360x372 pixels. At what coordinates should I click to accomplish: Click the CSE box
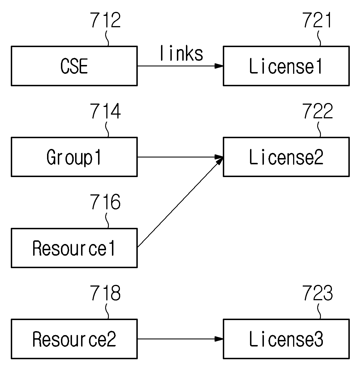(74, 66)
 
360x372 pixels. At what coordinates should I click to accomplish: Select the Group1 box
(74, 157)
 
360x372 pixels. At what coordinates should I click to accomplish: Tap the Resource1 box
(74, 248)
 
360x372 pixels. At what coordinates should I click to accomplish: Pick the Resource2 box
(74, 339)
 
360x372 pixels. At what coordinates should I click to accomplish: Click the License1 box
(286, 66)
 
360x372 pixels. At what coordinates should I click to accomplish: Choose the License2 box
(286, 157)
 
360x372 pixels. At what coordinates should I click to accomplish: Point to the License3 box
(286, 339)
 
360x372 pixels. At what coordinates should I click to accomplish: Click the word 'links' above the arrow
(181, 53)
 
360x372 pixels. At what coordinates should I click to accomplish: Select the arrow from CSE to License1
(180, 66)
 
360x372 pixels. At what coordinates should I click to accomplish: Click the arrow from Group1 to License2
(180, 157)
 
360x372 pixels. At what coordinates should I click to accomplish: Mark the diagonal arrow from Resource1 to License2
(180, 202)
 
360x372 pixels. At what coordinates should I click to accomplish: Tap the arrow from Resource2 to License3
(180, 339)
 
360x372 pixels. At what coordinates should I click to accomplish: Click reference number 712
(105, 20)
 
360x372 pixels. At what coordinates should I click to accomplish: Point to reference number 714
(105, 111)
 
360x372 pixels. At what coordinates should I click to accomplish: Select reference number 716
(105, 201)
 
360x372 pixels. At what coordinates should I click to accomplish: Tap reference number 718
(105, 293)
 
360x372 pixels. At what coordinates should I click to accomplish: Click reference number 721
(317, 20)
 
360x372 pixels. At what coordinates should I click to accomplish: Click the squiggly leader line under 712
(107, 38)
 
